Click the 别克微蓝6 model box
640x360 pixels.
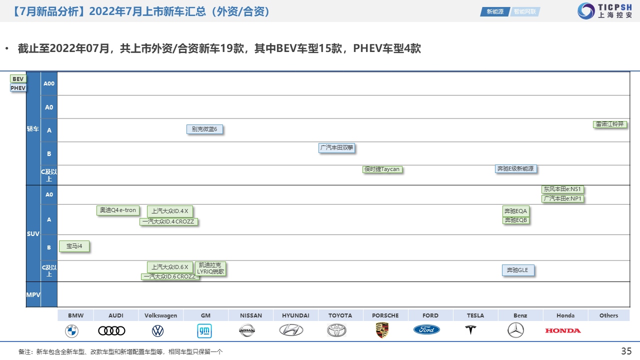[204, 129]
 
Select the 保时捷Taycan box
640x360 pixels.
[382, 169]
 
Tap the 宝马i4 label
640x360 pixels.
[74, 246]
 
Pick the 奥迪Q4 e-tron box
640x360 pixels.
[117, 210]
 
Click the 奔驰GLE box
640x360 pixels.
[517, 270]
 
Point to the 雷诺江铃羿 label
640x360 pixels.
[609, 124]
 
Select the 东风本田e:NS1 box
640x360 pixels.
[562, 189]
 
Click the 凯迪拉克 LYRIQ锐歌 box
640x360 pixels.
[210, 268]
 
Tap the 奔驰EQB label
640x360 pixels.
[515, 220]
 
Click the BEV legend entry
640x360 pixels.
[18, 79]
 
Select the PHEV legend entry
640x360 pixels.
[18, 88]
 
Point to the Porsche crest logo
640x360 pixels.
[382, 330]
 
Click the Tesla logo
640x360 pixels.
[470, 330]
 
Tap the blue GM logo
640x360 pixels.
[204, 330]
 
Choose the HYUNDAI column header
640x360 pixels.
[295, 315]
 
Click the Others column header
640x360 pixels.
[608, 315]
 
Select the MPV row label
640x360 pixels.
[33, 295]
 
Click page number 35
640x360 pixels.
[626, 351]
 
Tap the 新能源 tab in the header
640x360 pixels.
[495, 11]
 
